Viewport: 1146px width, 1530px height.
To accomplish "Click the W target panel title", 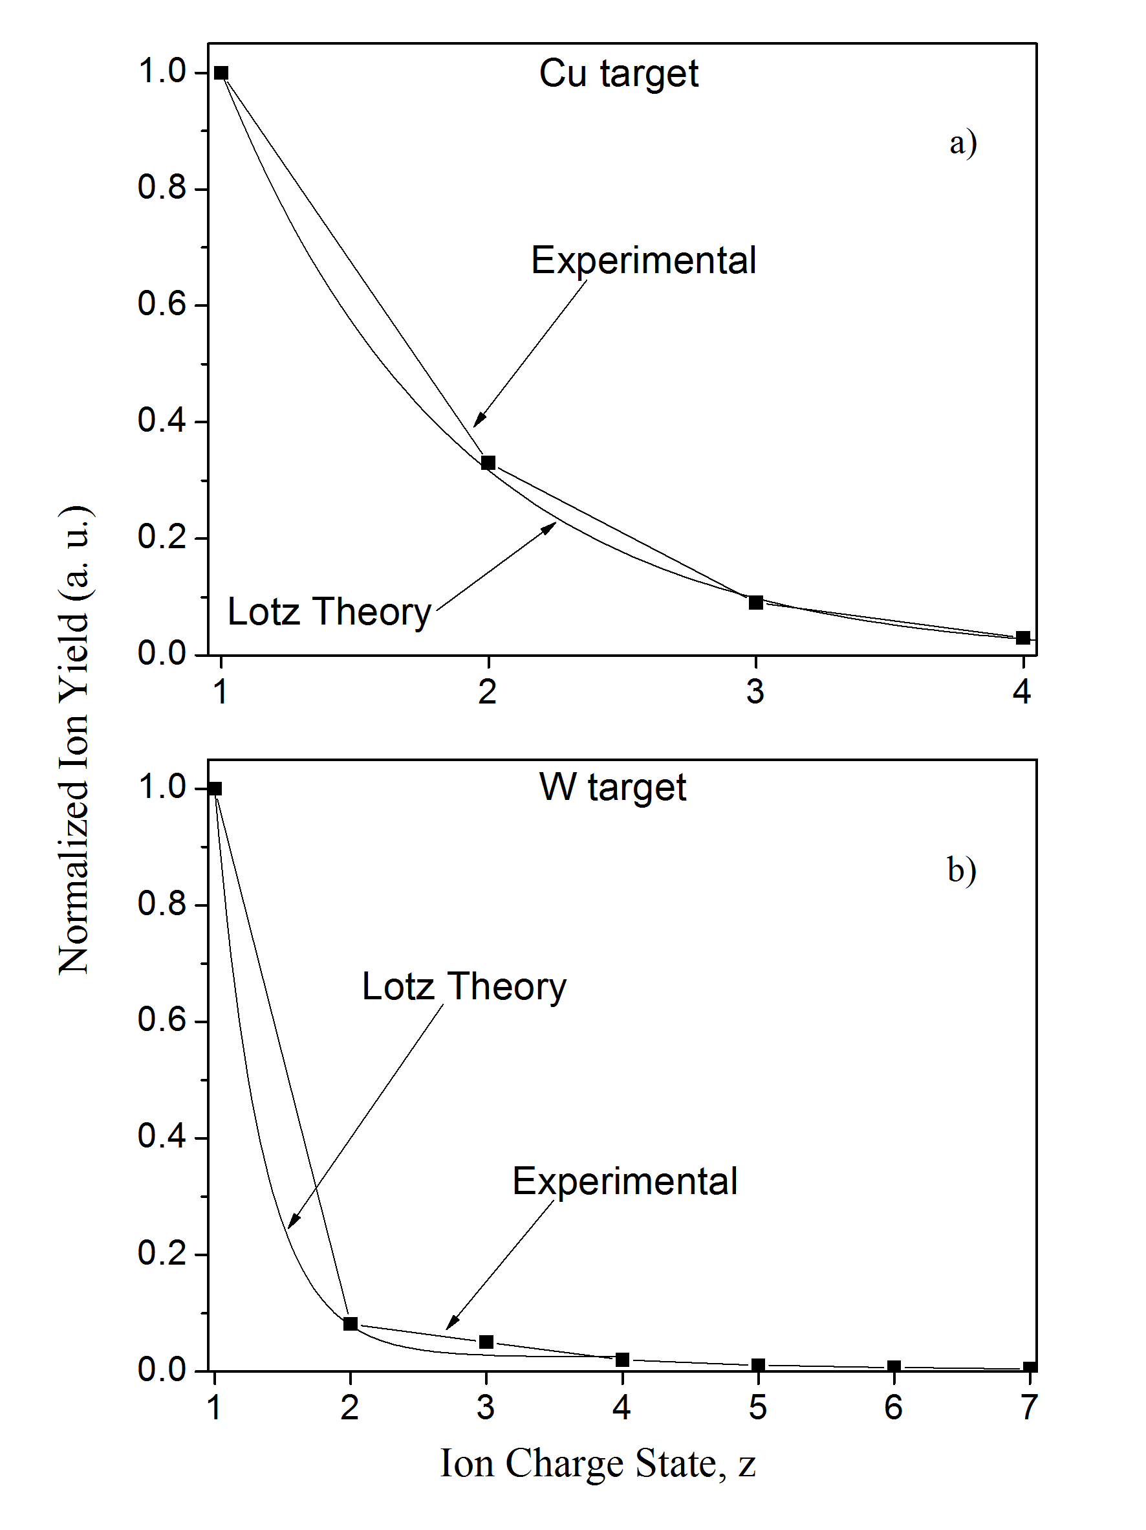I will point(612,788).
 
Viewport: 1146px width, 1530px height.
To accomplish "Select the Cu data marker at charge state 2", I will point(488,463).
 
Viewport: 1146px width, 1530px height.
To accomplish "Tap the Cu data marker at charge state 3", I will point(755,603).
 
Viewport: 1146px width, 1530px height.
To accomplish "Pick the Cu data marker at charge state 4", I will point(1023,637).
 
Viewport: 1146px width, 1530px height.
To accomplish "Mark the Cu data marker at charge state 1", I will point(221,73).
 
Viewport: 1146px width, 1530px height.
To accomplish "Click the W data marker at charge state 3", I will point(486,1342).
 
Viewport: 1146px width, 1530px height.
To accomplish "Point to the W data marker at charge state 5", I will point(758,1365).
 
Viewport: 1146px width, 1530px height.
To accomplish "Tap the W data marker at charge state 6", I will point(894,1367).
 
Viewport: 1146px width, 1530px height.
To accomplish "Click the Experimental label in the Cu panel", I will point(643,261).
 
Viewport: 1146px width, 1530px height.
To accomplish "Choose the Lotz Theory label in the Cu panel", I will point(329,612).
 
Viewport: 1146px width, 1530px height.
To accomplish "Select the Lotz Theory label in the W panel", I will point(464,986).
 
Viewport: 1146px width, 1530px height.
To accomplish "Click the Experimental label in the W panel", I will point(624,1181).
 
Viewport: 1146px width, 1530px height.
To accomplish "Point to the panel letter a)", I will point(963,143).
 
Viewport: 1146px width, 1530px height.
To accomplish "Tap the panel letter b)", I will point(962,869).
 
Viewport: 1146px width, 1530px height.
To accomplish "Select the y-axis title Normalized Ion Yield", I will point(74,740).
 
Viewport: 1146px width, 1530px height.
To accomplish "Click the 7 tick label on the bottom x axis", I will point(1029,1408).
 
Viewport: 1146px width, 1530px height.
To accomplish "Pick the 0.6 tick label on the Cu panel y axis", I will point(162,304).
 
